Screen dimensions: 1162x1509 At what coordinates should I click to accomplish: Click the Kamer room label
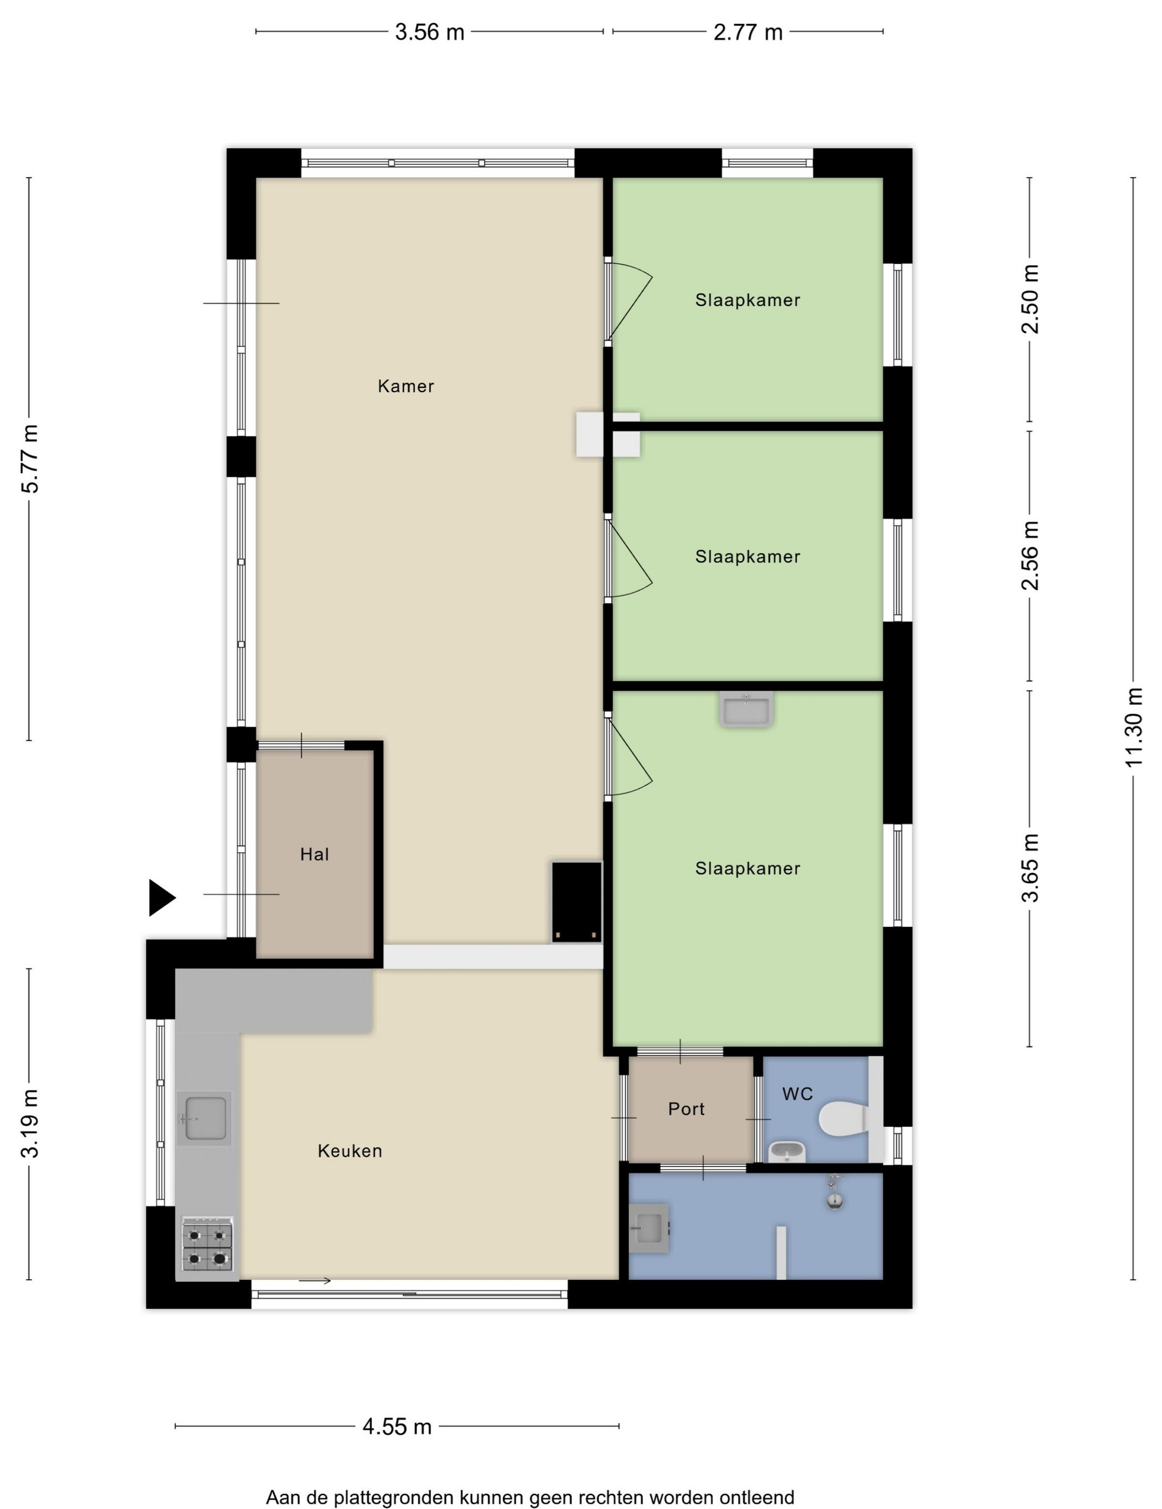coord(406,386)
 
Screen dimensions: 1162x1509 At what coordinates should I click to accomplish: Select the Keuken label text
coord(350,1150)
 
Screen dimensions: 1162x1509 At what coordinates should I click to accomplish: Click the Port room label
coord(686,1109)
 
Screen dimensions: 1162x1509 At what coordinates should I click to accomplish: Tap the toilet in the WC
coord(843,1119)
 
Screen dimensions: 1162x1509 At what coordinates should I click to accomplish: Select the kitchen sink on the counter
coord(203,1119)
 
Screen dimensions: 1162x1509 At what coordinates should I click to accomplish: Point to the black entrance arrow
coord(162,898)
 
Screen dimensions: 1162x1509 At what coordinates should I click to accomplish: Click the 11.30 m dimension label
coord(1134,727)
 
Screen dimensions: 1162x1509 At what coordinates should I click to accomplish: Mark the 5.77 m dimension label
coord(30,459)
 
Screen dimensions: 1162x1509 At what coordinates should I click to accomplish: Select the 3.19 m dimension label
coord(30,1123)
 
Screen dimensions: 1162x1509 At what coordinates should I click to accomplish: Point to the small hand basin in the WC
coord(787,1152)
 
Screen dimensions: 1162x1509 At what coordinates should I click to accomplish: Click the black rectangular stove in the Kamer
coord(576,903)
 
